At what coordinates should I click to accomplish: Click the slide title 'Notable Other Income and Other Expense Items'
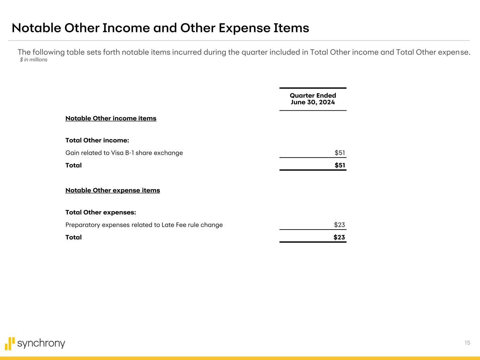(x=160, y=28)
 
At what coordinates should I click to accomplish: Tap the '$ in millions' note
(x=33, y=60)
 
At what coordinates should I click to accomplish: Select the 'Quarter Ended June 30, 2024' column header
(x=313, y=99)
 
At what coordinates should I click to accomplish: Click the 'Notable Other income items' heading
(x=111, y=118)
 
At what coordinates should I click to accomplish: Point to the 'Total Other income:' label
(x=97, y=141)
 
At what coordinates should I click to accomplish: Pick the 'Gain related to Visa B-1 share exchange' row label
(x=124, y=153)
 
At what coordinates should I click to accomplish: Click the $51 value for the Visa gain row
(x=340, y=153)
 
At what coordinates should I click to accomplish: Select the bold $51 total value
(x=340, y=165)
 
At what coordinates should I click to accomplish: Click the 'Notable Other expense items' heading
(x=113, y=191)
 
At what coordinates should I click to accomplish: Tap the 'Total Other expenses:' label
(x=101, y=213)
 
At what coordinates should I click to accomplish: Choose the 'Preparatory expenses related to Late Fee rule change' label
(x=144, y=225)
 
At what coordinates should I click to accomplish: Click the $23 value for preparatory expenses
(x=339, y=225)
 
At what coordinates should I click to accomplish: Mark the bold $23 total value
(x=339, y=237)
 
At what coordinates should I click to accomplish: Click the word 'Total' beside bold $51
(x=73, y=165)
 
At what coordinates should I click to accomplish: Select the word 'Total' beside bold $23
(x=73, y=237)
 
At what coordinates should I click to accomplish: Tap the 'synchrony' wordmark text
(x=41, y=343)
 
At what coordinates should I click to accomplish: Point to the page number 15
(x=467, y=343)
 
